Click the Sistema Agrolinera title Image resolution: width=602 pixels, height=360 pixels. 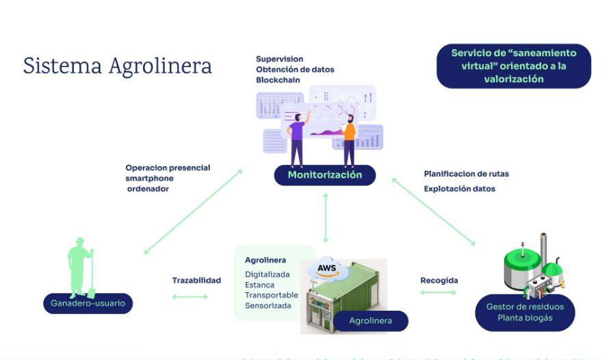tap(118, 66)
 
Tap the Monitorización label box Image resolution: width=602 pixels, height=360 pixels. tap(325, 175)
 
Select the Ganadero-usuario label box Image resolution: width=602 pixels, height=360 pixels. tap(88, 303)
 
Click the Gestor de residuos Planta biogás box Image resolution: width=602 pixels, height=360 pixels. tap(525, 312)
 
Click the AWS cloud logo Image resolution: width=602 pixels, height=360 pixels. tap(326, 268)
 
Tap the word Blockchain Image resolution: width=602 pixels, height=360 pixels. tap(278, 80)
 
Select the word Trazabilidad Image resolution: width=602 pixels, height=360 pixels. tap(196, 281)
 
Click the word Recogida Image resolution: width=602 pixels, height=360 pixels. tap(439, 281)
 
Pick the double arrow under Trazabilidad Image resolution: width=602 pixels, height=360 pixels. tap(189, 296)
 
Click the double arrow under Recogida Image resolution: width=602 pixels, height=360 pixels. tap(438, 292)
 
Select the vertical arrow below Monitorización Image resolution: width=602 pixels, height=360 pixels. tap(326, 217)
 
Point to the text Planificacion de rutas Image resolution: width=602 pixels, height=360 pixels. tap(466, 174)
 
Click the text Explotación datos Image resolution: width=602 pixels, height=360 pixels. tap(459, 188)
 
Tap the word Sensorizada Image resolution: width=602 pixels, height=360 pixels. tap(267, 305)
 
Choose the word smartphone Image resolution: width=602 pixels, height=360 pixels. tap(149, 178)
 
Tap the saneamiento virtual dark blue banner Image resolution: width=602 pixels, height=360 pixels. tap(513, 66)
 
